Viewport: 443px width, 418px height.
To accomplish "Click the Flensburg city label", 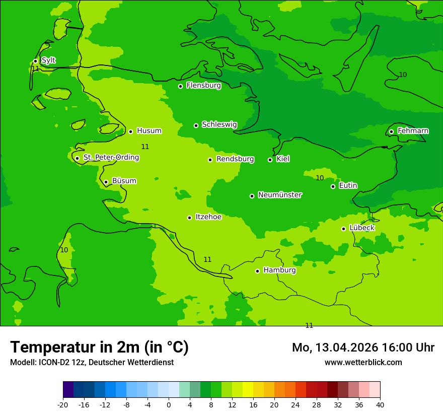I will pos(203,86).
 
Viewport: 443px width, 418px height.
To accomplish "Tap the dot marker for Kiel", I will pos(270,160).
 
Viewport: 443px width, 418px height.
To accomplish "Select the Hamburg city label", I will pos(279,270).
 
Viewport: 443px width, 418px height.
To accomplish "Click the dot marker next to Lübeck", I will pos(343,229).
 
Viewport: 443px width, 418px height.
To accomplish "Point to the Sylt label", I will pos(48,60).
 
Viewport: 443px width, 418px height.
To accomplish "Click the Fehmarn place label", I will pos(413,131).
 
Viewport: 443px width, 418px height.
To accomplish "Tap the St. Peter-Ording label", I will pos(111,158).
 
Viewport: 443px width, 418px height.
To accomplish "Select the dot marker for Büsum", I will pos(106,182).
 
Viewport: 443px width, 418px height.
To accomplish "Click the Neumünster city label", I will pos(280,195).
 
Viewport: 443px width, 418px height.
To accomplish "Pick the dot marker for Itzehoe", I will pos(189,218).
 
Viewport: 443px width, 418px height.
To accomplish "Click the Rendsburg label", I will pos(235,159).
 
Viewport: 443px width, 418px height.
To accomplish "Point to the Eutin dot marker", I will pos(333,186).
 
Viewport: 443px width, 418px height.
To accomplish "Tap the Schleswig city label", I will pos(219,124).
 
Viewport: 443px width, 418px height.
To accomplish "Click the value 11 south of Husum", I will pos(145,147).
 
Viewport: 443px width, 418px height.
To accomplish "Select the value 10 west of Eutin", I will pos(320,178).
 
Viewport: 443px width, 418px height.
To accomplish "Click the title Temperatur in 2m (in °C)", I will pos(99,347).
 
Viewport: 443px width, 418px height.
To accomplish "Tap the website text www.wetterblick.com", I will pos(363,363).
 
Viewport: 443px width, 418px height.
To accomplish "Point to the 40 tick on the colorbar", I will pos(380,405).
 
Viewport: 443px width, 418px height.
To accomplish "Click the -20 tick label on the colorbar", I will pos(63,405).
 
